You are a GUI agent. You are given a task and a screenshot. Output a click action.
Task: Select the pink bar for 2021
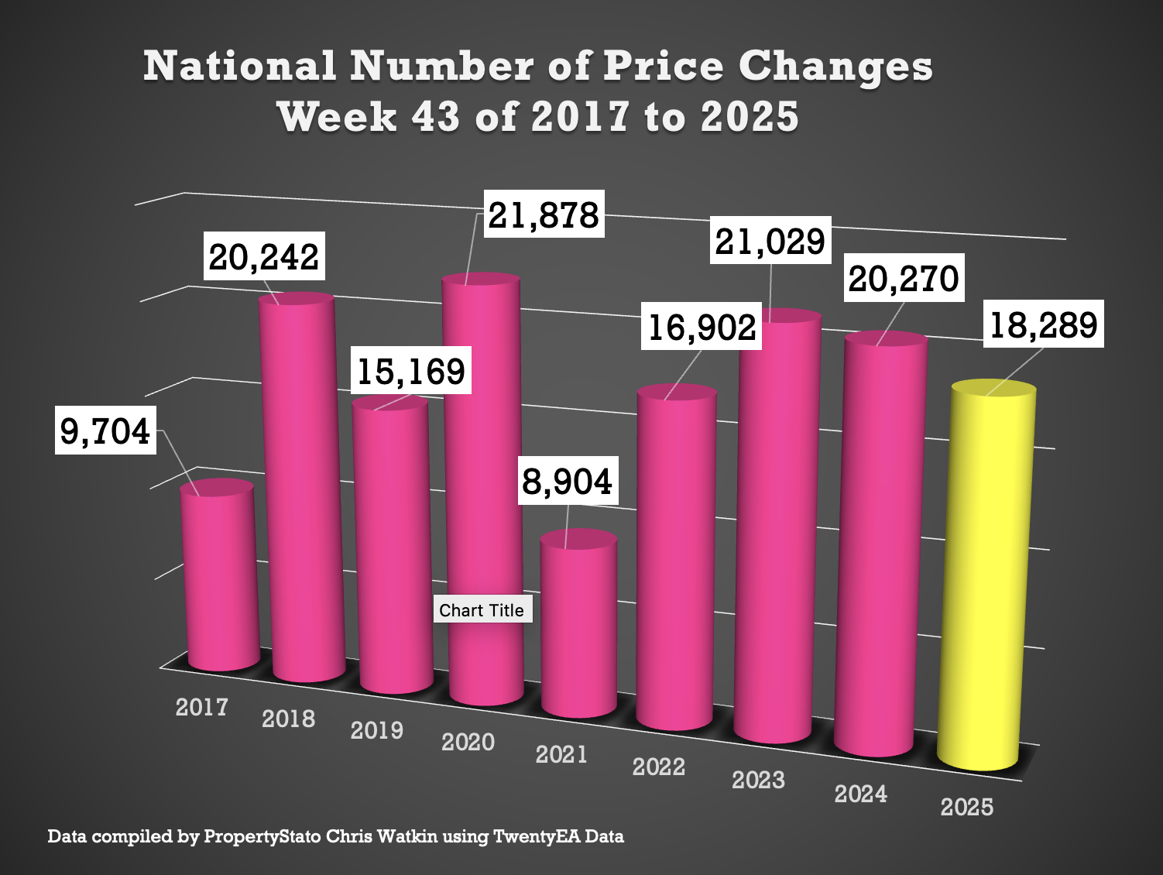click(x=579, y=627)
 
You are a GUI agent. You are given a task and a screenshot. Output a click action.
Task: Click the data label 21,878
click(x=544, y=215)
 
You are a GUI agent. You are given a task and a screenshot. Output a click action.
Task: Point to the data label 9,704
click(x=105, y=431)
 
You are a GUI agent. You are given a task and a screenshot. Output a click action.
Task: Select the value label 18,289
click(x=1044, y=325)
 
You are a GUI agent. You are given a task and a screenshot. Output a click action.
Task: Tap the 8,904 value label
click(x=568, y=482)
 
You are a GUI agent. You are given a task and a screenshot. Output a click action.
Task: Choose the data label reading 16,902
click(x=702, y=328)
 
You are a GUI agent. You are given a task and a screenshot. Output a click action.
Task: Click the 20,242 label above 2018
click(x=264, y=257)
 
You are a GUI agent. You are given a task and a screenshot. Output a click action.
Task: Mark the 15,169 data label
click(x=410, y=372)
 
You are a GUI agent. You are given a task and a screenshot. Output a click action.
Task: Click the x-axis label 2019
click(x=377, y=730)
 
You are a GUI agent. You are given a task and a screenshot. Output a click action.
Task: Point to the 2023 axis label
click(x=759, y=780)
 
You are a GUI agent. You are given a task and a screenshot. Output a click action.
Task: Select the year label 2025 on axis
click(x=967, y=807)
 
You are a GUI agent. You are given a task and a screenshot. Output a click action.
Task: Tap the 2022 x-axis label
click(x=659, y=767)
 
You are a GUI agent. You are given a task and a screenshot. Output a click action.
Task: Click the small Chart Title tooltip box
click(x=482, y=610)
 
